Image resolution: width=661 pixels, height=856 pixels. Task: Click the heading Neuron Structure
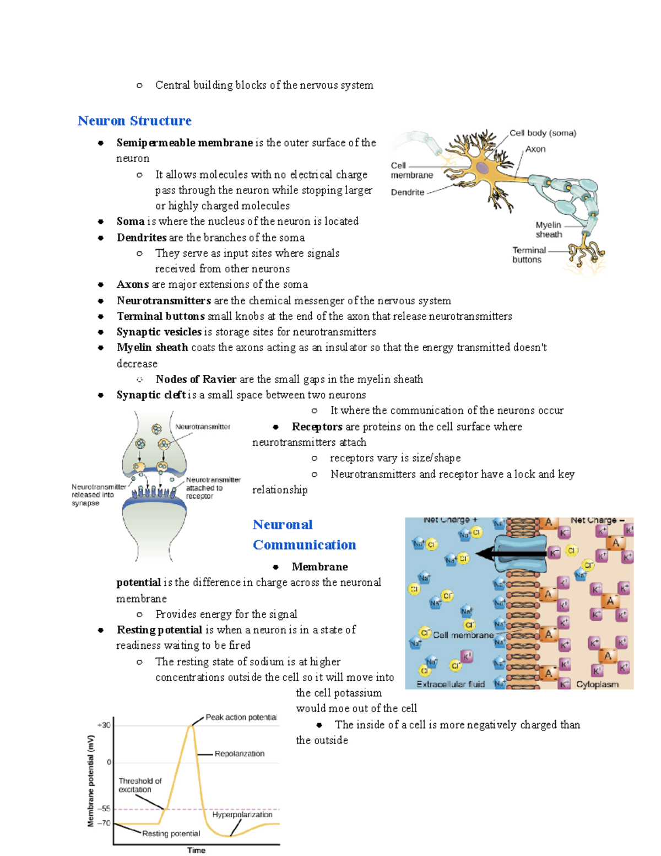click(x=134, y=121)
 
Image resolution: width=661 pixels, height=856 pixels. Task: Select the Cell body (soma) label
click(x=543, y=133)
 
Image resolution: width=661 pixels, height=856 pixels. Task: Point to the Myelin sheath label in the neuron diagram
click(x=549, y=229)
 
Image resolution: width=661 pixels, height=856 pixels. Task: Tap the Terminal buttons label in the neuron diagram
click(x=529, y=255)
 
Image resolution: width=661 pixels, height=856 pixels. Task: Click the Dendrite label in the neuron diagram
click(x=408, y=192)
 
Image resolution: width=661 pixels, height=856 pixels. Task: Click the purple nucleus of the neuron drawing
click(x=483, y=168)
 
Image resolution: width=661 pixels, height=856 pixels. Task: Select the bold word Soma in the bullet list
click(x=131, y=221)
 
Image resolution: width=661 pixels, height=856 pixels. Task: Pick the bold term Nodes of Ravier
click(x=196, y=379)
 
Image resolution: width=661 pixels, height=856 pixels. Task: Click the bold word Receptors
click(x=317, y=427)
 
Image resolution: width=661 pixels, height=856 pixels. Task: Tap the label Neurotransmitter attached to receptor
click(x=213, y=488)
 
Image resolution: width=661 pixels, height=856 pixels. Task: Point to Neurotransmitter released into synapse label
click(x=98, y=494)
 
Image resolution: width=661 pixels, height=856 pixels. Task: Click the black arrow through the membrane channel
click(x=510, y=554)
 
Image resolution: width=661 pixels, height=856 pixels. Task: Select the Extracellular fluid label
click(x=451, y=684)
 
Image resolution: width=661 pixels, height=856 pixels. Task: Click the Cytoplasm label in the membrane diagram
click(x=597, y=684)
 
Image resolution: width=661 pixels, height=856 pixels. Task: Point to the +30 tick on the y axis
click(x=104, y=725)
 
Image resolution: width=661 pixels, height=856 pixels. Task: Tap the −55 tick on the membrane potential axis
click(x=104, y=809)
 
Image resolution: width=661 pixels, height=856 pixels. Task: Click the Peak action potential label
click(x=241, y=717)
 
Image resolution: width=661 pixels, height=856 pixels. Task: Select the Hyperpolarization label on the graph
click(x=242, y=814)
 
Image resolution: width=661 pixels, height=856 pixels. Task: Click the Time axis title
click(x=196, y=850)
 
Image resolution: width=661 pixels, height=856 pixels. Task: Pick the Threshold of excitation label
click(x=140, y=785)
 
